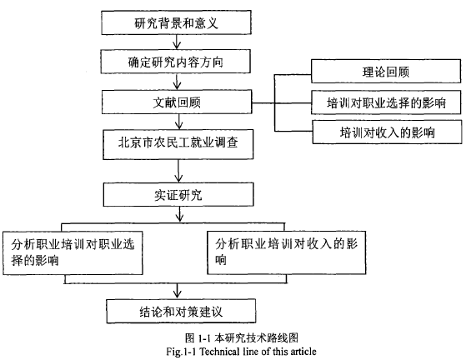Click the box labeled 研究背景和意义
pyautogui.click(x=177, y=22)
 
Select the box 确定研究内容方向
pyautogui.click(x=176, y=62)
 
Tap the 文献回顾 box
pyautogui.click(x=177, y=102)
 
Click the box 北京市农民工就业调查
pyautogui.click(x=178, y=144)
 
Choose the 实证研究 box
pyautogui.click(x=178, y=194)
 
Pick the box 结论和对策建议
pyautogui.click(x=181, y=311)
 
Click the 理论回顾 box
pyautogui.click(x=386, y=71)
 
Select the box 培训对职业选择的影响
pyautogui.click(x=386, y=102)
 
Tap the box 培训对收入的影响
pyautogui.click(x=387, y=132)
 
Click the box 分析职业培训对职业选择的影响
pyautogui.click(x=73, y=252)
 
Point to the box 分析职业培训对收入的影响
pyautogui.click(x=287, y=252)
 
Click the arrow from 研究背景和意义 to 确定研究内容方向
pyautogui.click(x=177, y=42)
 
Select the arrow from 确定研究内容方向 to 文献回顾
pyautogui.click(x=177, y=82)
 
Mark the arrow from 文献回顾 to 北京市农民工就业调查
pyautogui.click(x=178, y=122)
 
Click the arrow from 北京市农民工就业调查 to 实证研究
pyautogui.click(x=178, y=171)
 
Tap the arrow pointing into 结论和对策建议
pyautogui.click(x=178, y=291)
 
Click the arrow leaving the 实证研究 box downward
pyautogui.click(x=179, y=214)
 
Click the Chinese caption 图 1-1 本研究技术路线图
pyautogui.click(x=242, y=338)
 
